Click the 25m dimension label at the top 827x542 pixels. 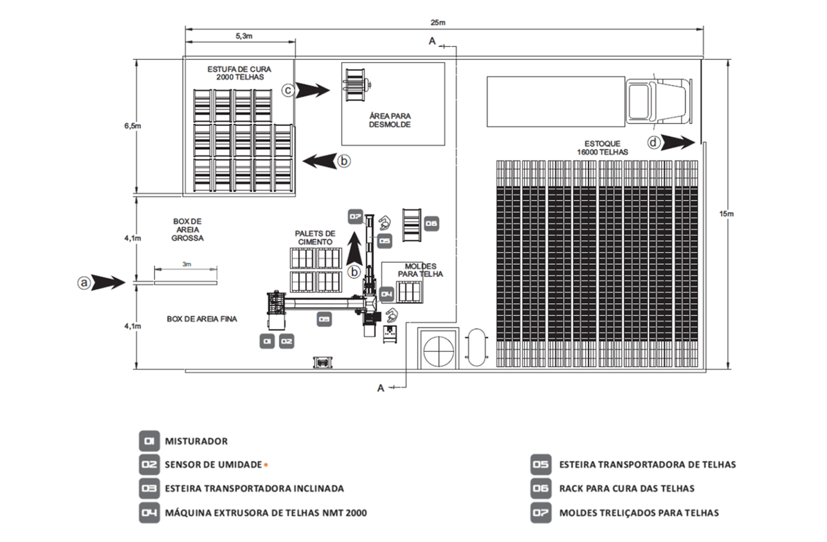(438, 23)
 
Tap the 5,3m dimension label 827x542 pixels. (244, 36)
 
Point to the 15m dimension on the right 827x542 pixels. (726, 214)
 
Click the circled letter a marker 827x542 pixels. (85, 283)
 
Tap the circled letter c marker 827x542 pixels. (288, 90)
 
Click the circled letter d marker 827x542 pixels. (654, 142)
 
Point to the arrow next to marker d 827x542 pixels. (679, 142)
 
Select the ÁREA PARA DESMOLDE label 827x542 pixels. (390, 120)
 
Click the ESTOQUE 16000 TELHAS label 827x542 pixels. (602, 148)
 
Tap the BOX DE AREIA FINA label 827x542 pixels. (202, 319)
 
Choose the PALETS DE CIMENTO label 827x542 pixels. (315, 238)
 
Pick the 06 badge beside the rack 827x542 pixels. (430, 223)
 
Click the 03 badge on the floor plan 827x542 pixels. (324, 318)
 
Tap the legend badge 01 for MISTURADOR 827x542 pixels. (149, 441)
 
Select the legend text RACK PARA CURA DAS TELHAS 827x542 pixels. (626, 489)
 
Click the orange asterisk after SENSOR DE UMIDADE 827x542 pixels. (266, 465)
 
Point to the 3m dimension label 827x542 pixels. (186, 264)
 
